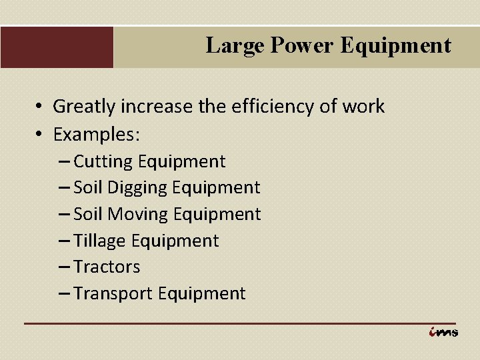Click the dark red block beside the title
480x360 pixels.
pos(57,47)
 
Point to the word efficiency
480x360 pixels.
pos(291,106)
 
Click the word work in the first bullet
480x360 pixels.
pos(365,106)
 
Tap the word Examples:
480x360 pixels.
pos(97,134)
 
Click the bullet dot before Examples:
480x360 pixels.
pos(40,134)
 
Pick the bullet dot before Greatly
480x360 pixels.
pos(40,107)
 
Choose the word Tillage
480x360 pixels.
pos(101,241)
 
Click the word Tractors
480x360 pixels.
pos(107,267)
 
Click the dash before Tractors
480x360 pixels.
pos(64,267)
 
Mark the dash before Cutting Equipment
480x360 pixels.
pos(64,161)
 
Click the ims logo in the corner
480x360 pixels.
pos(443,332)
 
